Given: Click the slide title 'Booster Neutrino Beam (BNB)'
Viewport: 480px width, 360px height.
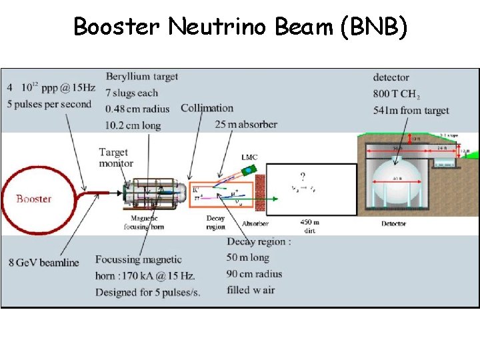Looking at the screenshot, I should point(239,27).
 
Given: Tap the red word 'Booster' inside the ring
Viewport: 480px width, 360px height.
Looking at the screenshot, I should point(34,199).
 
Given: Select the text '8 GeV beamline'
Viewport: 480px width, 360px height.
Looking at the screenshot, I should point(43,262).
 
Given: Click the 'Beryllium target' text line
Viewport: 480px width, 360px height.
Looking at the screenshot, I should point(141,77).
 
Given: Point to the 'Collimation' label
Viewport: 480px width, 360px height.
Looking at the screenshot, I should point(207,108).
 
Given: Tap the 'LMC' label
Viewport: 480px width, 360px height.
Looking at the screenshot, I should point(249,157).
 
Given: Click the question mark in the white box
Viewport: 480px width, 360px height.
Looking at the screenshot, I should point(303,177).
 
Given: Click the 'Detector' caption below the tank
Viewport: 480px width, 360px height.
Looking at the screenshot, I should point(393,224).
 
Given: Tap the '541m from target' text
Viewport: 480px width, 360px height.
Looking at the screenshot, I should point(411,110).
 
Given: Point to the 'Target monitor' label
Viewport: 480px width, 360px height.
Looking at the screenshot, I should point(116,158).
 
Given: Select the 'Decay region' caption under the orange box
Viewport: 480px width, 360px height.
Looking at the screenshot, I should point(216,222).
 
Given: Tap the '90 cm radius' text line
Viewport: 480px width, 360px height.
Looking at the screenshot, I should point(254,273).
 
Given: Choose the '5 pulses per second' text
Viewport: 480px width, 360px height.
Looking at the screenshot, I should point(49,104).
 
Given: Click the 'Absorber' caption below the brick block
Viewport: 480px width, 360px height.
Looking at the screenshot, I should point(255,224).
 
